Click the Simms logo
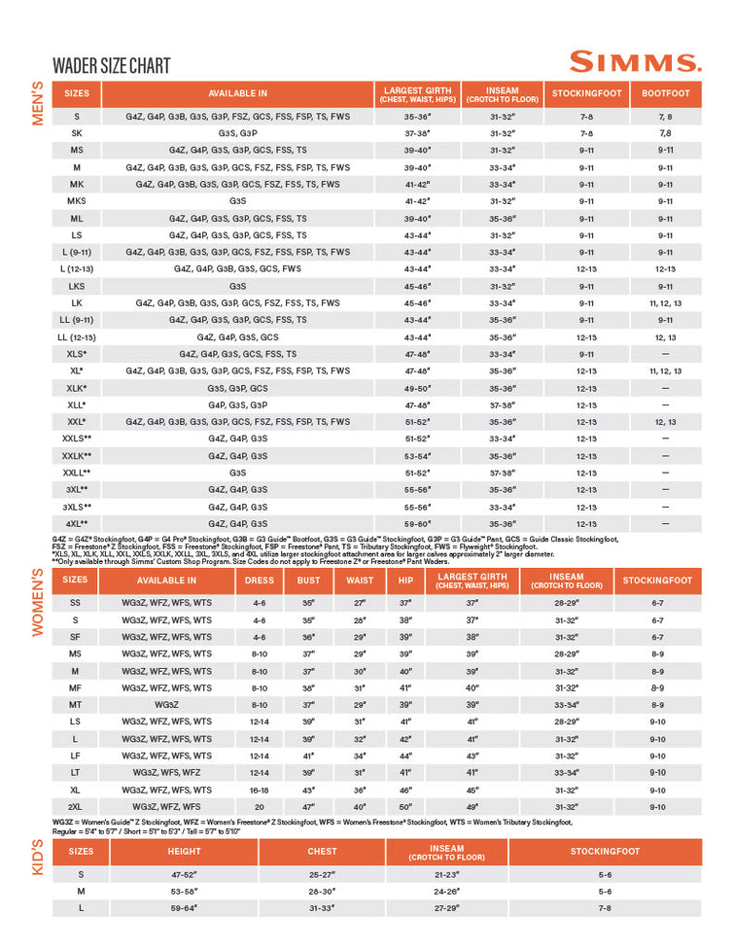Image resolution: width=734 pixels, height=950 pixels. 635,62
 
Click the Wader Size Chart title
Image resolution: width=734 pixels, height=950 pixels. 112,66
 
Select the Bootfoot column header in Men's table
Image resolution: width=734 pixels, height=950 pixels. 666,94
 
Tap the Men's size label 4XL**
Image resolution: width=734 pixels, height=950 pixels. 77,523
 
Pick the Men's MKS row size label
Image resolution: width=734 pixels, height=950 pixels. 77,201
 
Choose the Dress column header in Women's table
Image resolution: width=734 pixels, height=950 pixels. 259,581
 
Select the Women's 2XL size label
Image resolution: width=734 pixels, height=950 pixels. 76,807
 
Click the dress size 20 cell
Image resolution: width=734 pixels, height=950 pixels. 259,807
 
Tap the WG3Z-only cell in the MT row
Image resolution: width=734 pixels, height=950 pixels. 166,705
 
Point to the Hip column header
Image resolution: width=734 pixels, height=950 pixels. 405,581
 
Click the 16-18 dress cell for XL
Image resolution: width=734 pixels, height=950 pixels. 259,790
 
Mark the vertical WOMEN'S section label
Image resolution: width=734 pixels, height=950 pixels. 39,602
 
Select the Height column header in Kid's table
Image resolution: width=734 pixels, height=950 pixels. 184,852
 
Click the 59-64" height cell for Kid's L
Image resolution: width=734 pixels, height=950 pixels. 184,908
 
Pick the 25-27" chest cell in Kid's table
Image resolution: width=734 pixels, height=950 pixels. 322,874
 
